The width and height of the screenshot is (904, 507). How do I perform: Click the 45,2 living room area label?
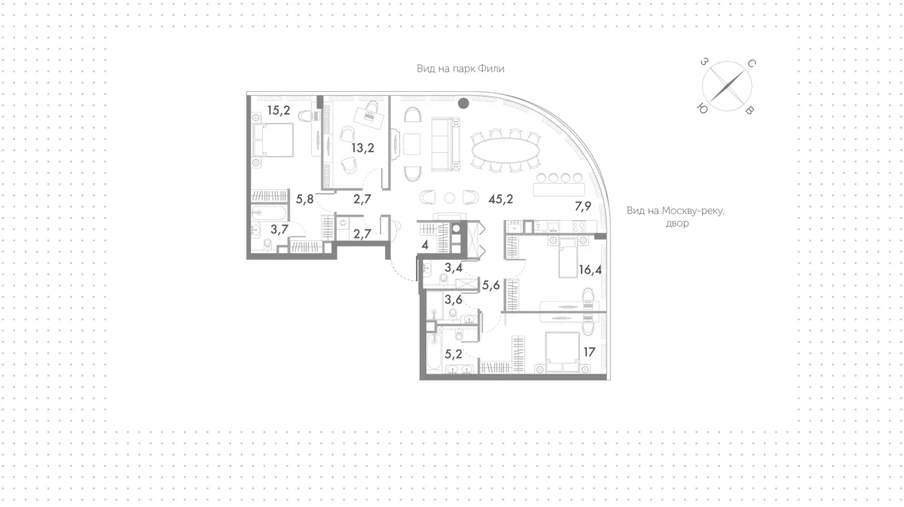point(500,199)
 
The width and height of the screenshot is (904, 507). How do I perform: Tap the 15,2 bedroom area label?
point(279,110)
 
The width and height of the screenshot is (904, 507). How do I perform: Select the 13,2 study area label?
point(362,148)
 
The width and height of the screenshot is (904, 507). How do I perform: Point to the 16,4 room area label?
point(590,269)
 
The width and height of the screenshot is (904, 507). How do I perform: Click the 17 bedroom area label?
point(589,352)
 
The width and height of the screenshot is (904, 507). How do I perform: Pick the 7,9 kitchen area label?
point(583,206)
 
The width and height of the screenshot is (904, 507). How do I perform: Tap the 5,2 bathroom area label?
point(454,354)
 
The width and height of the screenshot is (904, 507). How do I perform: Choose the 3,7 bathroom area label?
point(279,229)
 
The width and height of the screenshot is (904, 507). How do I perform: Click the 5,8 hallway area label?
point(304,199)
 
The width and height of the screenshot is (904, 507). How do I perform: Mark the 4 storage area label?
point(425,245)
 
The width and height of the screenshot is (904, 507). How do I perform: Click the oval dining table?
point(505,151)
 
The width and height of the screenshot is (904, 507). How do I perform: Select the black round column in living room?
point(463,103)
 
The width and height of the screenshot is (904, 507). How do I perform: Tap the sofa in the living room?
point(445,144)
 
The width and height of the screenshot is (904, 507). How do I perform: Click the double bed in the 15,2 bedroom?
point(273,140)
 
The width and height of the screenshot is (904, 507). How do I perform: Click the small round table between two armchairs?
point(450,198)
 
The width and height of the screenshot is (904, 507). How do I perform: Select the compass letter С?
point(752,63)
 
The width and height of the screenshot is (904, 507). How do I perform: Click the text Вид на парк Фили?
point(460,69)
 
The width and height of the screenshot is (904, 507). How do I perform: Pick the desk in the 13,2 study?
point(369,117)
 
